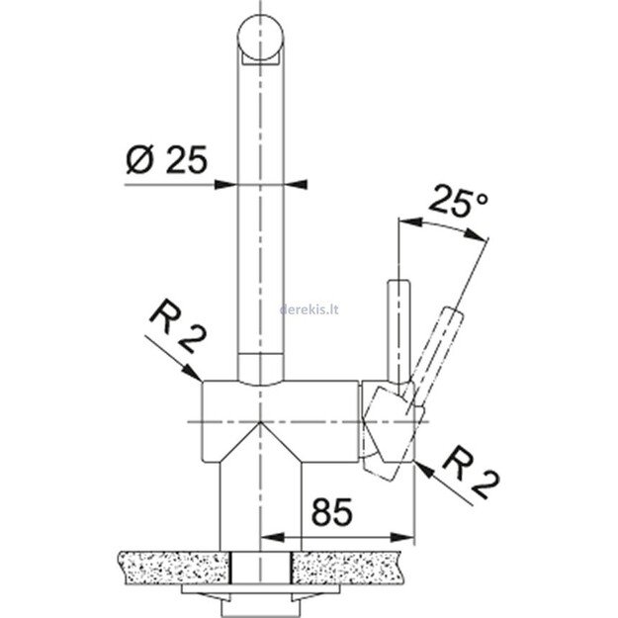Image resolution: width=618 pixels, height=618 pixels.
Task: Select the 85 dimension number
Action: (334, 514)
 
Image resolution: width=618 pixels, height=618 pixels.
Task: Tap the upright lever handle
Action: (397, 316)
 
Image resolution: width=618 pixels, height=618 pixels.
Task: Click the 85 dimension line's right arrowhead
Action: (404, 538)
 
